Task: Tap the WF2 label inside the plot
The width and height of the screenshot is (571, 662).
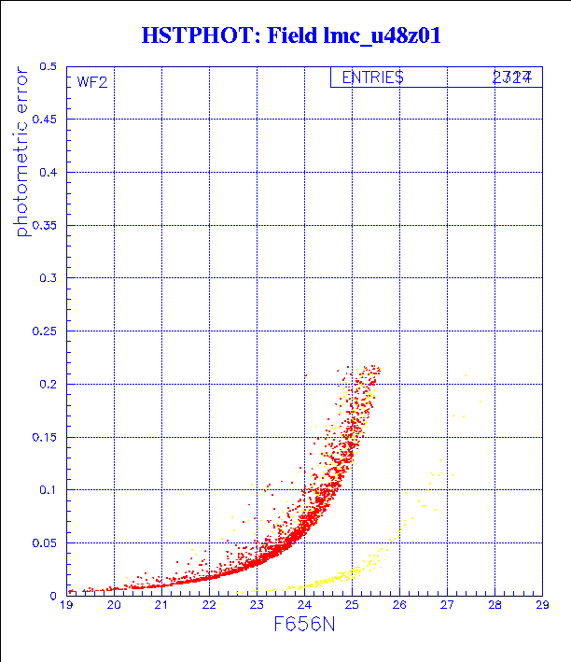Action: pyautogui.click(x=92, y=81)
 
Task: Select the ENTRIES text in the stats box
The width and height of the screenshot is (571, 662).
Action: pyautogui.click(x=372, y=77)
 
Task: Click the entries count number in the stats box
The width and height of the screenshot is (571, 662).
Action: pyautogui.click(x=512, y=77)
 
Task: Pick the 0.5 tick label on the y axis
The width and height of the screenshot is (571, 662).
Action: pyautogui.click(x=48, y=67)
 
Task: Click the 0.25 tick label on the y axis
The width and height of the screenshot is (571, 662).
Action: pyautogui.click(x=45, y=331)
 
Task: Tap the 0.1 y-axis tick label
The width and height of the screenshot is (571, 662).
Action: pyautogui.click(x=48, y=490)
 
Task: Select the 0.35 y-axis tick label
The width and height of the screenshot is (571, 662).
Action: pyautogui.click(x=45, y=226)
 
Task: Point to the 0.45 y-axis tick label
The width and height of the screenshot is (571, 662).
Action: pyautogui.click(x=45, y=120)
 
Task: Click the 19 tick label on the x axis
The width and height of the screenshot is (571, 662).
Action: pyautogui.click(x=66, y=605)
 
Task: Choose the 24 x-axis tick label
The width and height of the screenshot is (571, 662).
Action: pyautogui.click(x=304, y=605)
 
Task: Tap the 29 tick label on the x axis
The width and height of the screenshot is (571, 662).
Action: pyautogui.click(x=542, y=605)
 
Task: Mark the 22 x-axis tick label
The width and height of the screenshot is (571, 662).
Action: pyautogui.click(x=209, y=605)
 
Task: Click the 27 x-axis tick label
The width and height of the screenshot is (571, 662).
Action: pyautogui.click(x=447, y=605)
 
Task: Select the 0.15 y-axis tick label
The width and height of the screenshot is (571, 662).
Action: pyautogui.click(x=45, y=437)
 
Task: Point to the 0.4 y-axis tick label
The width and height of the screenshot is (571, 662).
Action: pyautogui.click(x=48, y=173)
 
